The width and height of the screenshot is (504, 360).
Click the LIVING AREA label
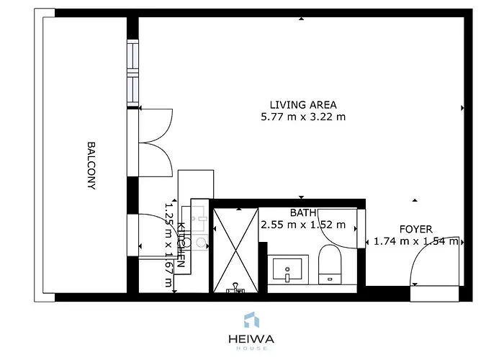302,104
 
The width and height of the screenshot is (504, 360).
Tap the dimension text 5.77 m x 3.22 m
302,117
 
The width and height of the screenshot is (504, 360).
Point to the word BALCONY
92,165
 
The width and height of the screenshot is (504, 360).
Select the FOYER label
415,229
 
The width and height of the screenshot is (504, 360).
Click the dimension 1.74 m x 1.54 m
415,242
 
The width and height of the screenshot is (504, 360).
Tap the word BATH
302,212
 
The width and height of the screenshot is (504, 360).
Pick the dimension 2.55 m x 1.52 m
302,225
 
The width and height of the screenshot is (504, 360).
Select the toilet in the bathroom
330,265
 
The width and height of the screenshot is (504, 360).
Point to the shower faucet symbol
235,289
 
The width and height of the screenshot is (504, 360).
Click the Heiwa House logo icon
251,320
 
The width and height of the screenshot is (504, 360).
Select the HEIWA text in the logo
251,338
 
